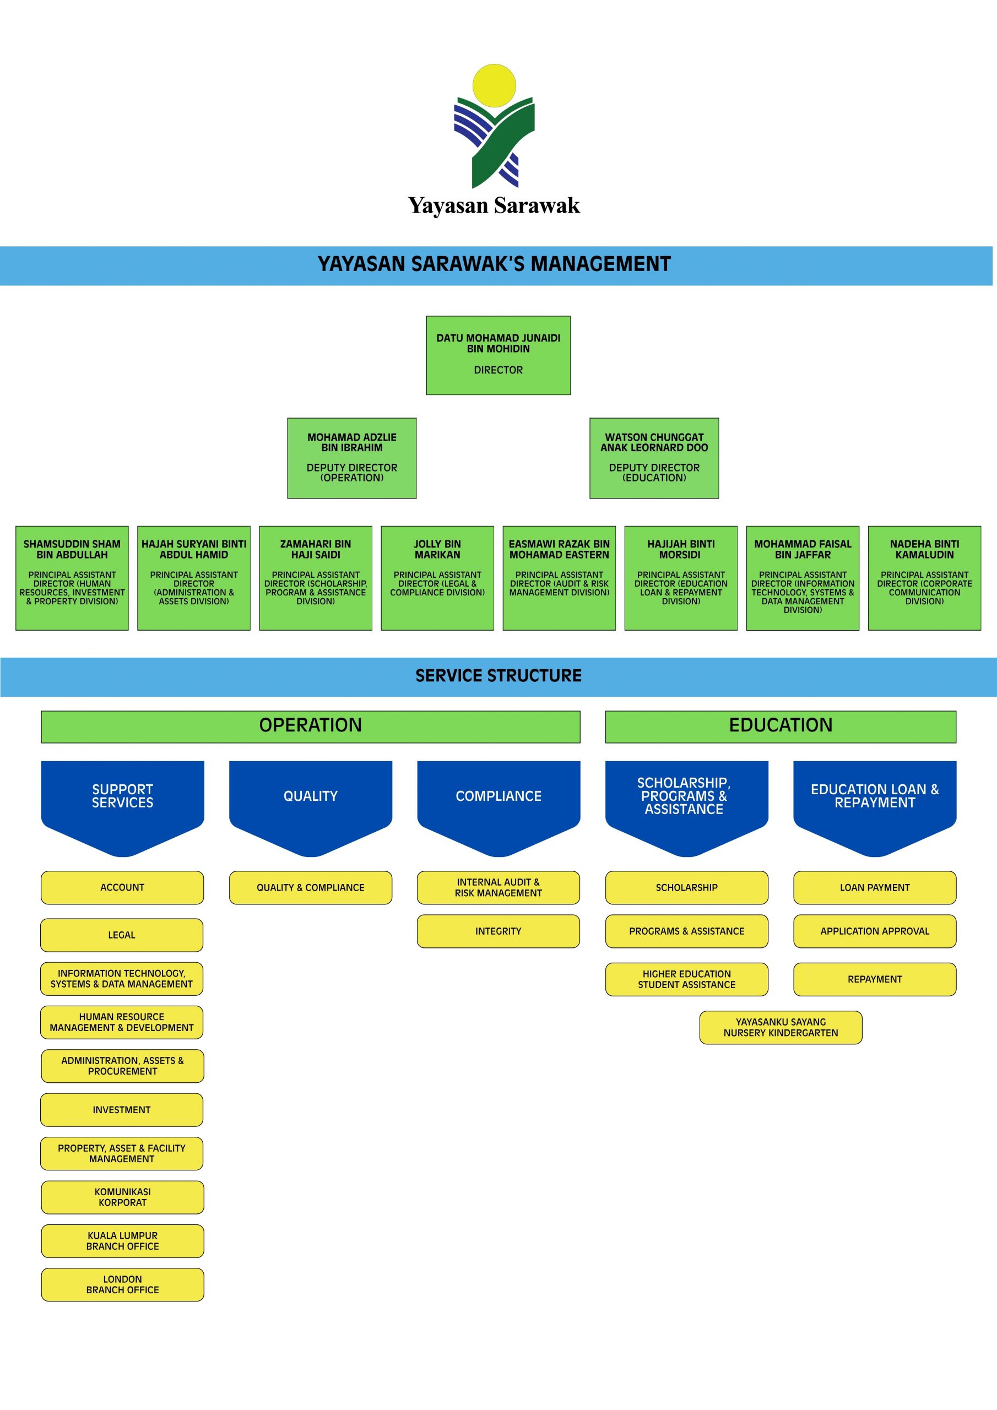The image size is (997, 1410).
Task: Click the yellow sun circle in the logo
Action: coord(494,85)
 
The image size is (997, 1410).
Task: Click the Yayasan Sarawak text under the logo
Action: coord(494,205)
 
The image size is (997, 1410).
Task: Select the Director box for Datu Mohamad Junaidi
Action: coord(498,355)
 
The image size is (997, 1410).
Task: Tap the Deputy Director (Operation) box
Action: coord(351,458)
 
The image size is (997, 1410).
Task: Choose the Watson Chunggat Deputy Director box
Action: coord(654,458)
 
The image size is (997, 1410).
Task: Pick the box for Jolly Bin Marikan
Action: coord(437,577)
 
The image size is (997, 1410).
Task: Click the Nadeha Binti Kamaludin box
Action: coord(924,577)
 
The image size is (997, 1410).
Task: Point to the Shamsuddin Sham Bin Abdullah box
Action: coord(72,577)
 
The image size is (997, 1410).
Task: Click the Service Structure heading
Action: coord(498,675)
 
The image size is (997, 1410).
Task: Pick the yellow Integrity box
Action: coord(498,931)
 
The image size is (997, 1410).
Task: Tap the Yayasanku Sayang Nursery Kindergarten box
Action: coord(780,1027)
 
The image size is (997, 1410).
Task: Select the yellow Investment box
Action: coord(122,1110)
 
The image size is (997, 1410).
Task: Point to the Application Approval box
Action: coord(874,931)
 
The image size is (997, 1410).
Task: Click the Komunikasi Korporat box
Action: coord(122,1197)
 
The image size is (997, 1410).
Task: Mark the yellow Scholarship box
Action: coord(686,887)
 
